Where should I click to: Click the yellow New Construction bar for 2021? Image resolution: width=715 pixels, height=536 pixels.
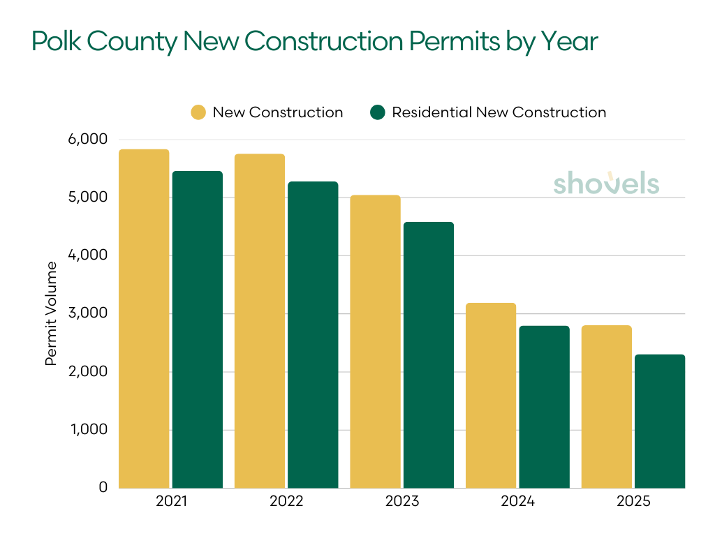(x=144, y=318)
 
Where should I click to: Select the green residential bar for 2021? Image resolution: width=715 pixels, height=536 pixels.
(x=198, y=329)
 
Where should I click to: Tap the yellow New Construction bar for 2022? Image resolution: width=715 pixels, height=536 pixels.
(x=260, y=321)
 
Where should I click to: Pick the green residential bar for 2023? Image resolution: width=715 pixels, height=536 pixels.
(x=429, y=355)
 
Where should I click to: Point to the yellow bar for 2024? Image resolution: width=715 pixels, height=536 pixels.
(x=491, y=395)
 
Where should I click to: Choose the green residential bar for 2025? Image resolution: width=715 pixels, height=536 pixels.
(x=660, y=421)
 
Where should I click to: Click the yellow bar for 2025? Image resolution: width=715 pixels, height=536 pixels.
(x=606, y=406)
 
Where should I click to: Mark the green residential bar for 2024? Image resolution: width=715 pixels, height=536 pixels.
(x=545, y=406)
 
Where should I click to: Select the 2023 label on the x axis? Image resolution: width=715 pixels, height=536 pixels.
(x=401, y=502)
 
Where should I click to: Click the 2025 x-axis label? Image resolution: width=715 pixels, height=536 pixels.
(x=633, y=502)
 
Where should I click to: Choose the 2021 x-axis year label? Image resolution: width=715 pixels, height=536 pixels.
(x=170, y=502)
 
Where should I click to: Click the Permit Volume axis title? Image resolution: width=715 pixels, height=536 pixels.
(x=51, y=313)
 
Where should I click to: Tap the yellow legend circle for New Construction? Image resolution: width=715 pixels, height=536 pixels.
(x=198, y=112)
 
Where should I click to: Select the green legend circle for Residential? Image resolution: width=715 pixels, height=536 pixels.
(x=378, y=112)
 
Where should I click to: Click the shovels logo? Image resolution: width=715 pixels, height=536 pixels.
(x=606, y=183)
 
